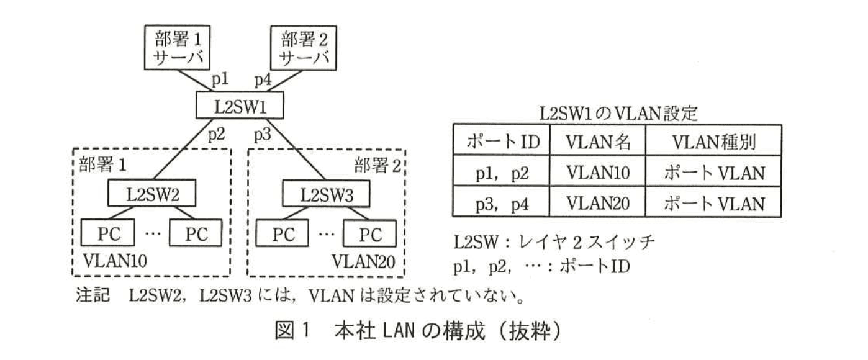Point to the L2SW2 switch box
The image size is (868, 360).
(151, 192)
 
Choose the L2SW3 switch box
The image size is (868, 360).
(327, 192)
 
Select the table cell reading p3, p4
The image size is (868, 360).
(500, 203)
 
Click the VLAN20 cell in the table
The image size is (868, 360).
(598, 203)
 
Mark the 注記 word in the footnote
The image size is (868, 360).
(88, 293)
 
